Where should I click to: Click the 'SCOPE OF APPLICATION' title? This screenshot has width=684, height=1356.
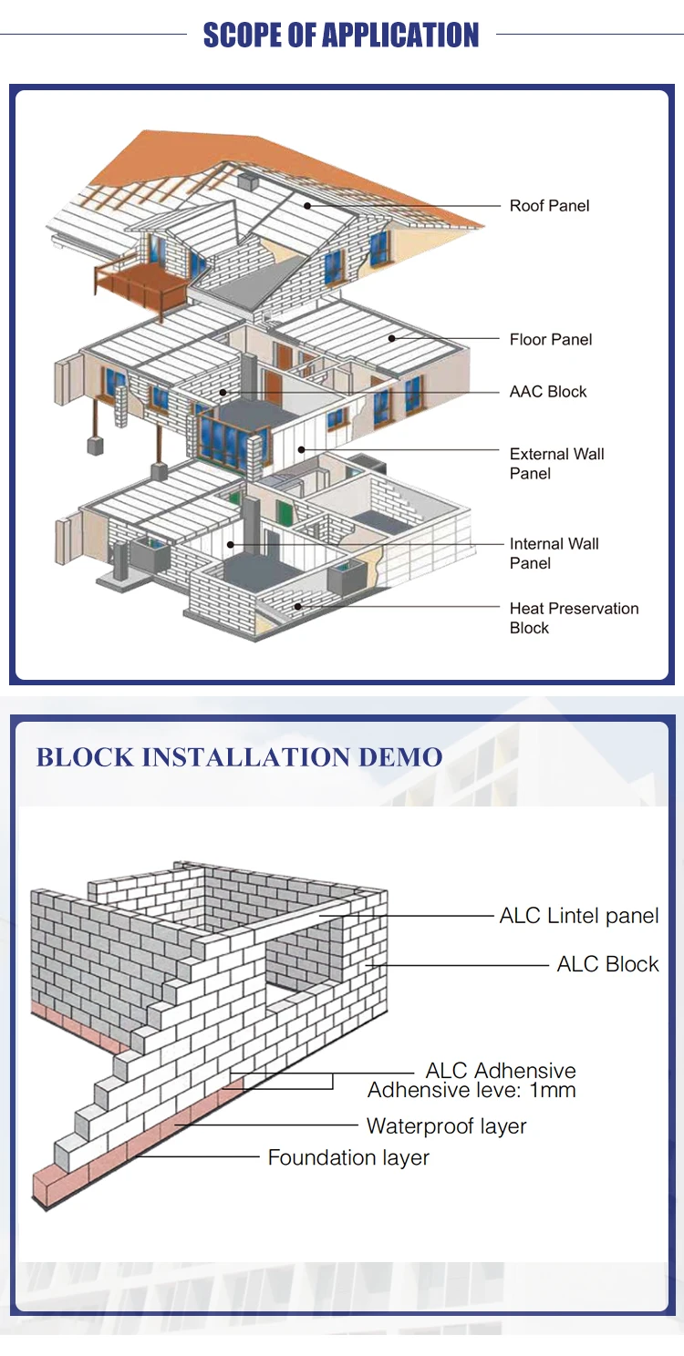[341, 36]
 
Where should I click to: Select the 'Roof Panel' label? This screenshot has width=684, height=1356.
[549, 206]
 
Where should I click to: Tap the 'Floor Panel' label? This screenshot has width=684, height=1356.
[551, 340]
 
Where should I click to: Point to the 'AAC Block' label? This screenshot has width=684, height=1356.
[548, 392]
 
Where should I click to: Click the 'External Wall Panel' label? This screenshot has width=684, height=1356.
[556, 464]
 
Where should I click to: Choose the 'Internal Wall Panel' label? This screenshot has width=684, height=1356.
[554, 553]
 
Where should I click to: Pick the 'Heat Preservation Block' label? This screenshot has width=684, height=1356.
[574, 618]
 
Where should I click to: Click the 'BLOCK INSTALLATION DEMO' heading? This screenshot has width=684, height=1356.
[239, 757]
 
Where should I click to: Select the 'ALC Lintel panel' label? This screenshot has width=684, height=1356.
[579, 916]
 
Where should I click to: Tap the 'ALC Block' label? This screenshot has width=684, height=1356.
[607, 964]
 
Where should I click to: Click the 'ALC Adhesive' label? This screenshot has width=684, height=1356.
[501, 1071]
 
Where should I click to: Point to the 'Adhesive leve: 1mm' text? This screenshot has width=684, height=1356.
[472, 1090]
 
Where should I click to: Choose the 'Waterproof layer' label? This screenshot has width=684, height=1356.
[446, 1126]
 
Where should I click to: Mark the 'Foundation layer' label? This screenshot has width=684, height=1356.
[348, 1157]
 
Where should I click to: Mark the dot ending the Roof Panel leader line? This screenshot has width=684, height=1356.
[308, 206]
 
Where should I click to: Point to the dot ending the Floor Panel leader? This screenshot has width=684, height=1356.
[392, 339]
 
